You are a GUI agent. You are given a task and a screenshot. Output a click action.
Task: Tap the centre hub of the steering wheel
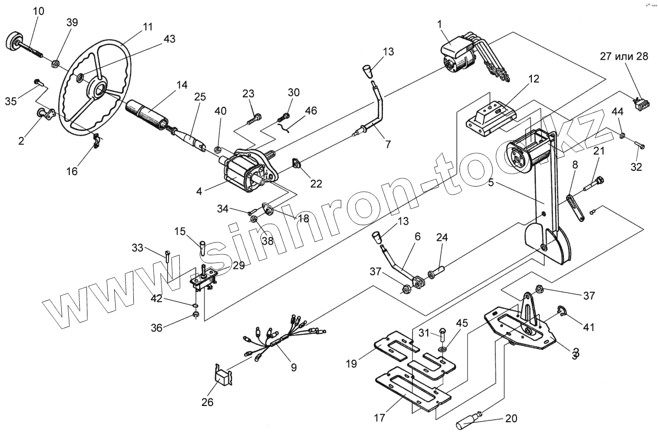[99, 88]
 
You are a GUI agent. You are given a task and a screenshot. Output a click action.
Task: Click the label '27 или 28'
[624, 56]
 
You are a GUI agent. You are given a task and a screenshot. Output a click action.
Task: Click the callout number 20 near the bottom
[511, 419]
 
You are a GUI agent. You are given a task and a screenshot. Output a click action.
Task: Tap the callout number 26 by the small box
[207, 402]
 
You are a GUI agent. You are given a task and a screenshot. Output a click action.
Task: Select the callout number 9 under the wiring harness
[293, 367]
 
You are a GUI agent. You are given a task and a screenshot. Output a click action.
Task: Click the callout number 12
[533, 79]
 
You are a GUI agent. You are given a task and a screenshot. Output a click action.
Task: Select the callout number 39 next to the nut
[72, 22]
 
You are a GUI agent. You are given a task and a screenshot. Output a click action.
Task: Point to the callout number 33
[137, 248]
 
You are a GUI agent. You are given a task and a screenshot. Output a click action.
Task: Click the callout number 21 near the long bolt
[599, 152]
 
